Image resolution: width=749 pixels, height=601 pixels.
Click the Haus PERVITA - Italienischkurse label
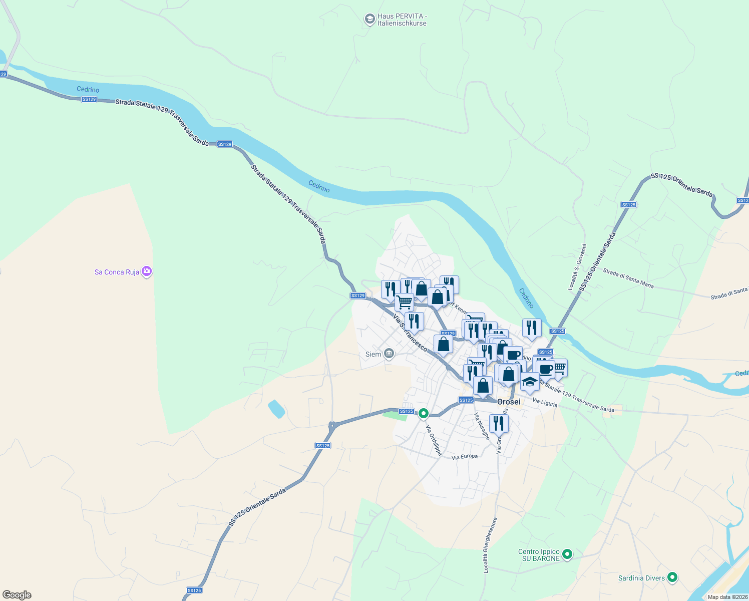402,20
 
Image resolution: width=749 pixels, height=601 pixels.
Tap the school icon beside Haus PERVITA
369,20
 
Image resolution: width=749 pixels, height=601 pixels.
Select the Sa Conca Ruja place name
117,272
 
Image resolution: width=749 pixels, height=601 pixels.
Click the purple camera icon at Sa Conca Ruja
147,271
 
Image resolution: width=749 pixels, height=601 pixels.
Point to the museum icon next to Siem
389,354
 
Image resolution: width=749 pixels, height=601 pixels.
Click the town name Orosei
509,402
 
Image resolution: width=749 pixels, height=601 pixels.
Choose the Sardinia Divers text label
641,578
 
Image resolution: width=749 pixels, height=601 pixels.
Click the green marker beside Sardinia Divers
673,577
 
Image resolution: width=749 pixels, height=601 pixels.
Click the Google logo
17,594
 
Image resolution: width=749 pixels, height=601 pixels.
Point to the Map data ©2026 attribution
727,596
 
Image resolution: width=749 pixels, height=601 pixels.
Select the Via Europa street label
465,457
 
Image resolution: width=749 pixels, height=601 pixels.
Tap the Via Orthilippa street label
434,440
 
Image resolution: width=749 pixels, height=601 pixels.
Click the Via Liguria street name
545,402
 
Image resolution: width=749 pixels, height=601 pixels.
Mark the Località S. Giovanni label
577,267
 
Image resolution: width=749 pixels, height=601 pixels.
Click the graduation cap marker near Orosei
530,382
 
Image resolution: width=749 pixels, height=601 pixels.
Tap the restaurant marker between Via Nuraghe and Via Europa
499,424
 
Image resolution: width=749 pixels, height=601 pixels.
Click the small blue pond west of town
276,409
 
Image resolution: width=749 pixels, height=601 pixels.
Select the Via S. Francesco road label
410,333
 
